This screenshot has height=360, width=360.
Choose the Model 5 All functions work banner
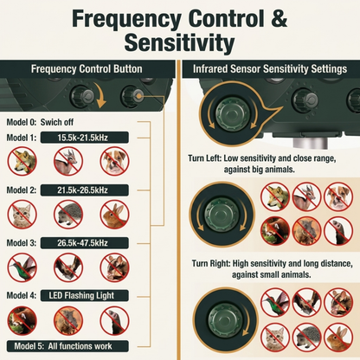tap(67, 346)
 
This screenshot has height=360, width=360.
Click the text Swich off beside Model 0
tap(57, 122)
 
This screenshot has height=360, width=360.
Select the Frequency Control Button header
tap(87, 69)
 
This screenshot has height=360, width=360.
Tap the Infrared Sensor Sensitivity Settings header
tap(270, 69)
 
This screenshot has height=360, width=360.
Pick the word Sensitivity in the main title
tap(179, 42)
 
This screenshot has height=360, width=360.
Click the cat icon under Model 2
tap(22, 215)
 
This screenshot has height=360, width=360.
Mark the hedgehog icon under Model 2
tap(68, 215)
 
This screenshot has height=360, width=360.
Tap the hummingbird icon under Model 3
tap(22, 267)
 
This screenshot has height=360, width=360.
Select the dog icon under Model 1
tap(114, 161)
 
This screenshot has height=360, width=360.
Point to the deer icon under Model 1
tap(68, 161)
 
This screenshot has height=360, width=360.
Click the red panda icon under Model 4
tap(22, 320)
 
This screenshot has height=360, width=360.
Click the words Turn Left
tap(204, 158)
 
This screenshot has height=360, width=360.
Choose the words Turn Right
tap(211, 264)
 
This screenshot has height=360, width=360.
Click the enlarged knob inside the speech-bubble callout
tap(232, 113)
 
